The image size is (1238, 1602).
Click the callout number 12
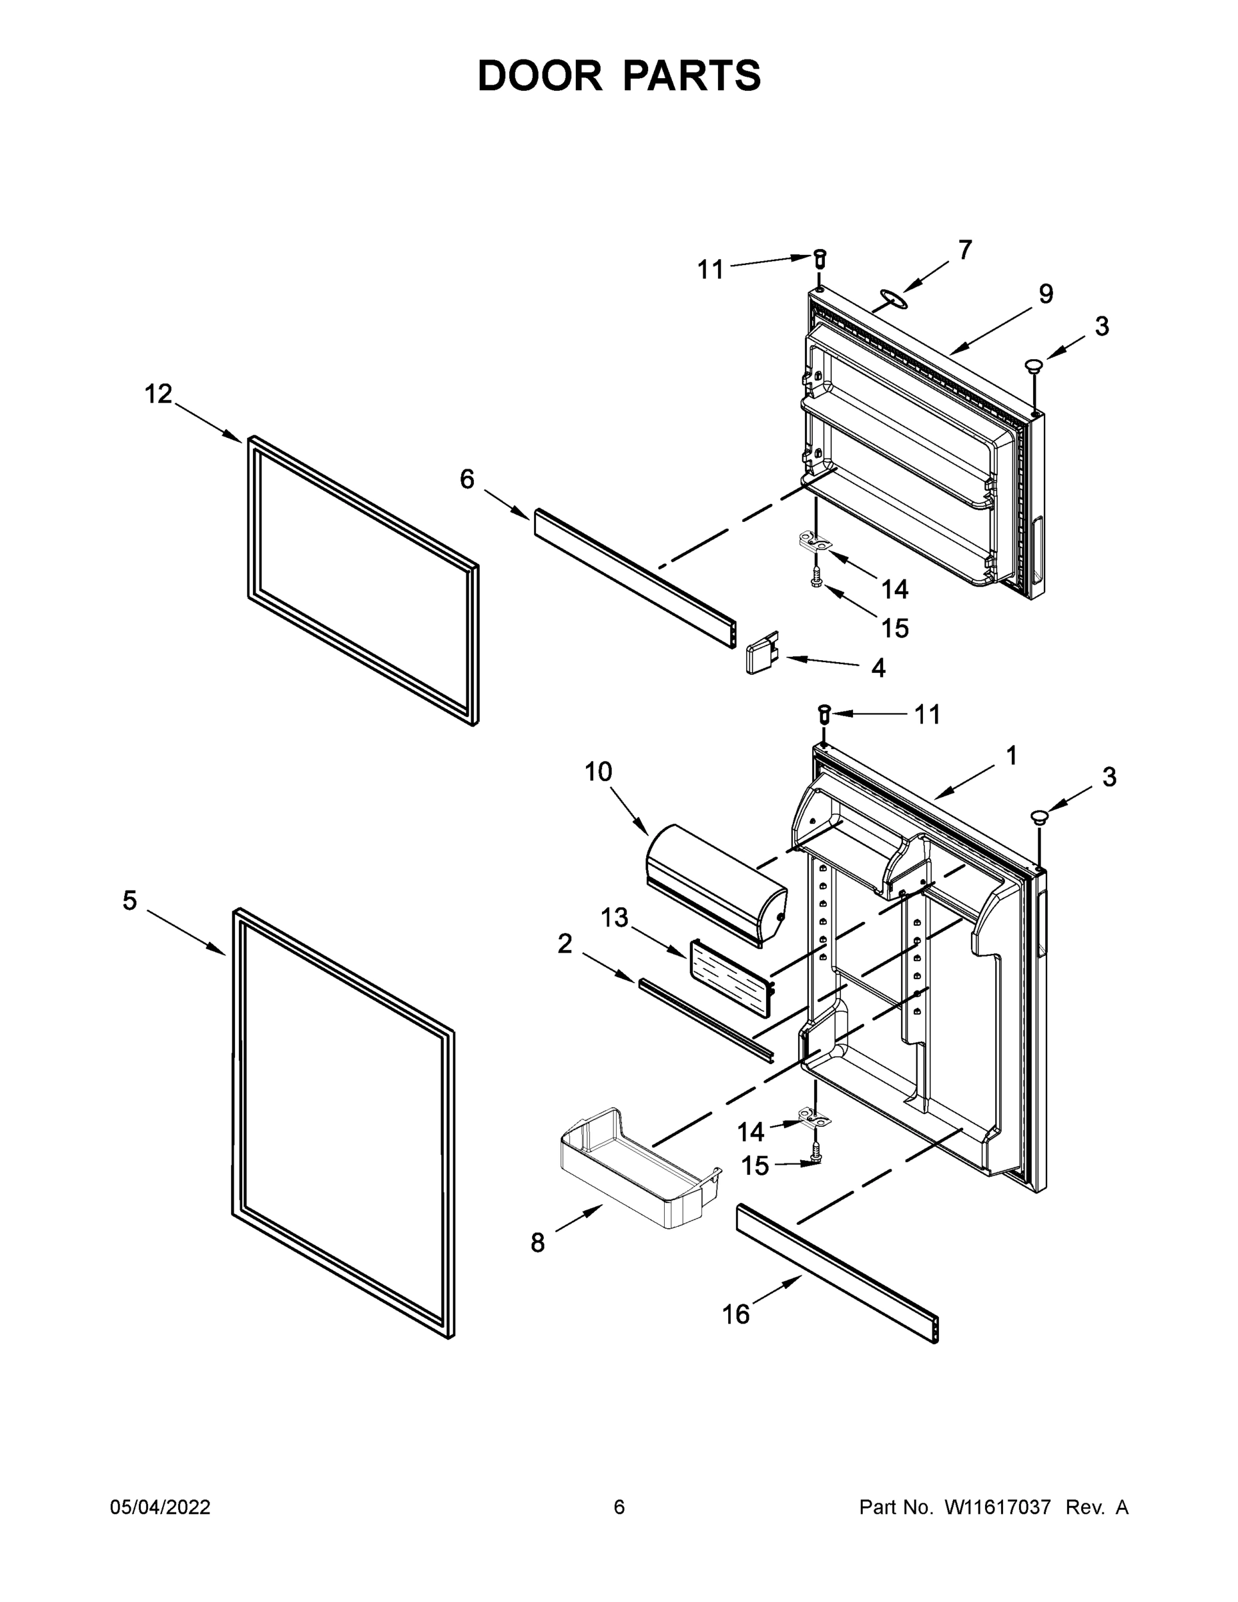158,394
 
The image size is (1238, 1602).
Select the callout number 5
130,900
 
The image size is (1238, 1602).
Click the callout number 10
598,772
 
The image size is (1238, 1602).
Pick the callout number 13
615,917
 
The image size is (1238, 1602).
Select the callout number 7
965,251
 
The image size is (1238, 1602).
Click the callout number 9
1045,294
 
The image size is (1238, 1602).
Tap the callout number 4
878,668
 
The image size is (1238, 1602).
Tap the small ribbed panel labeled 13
729,979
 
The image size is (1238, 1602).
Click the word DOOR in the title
539,76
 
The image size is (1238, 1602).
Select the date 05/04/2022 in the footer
160,1507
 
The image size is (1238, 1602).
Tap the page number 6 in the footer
619,1507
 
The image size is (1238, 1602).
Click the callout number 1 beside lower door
1011,756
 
